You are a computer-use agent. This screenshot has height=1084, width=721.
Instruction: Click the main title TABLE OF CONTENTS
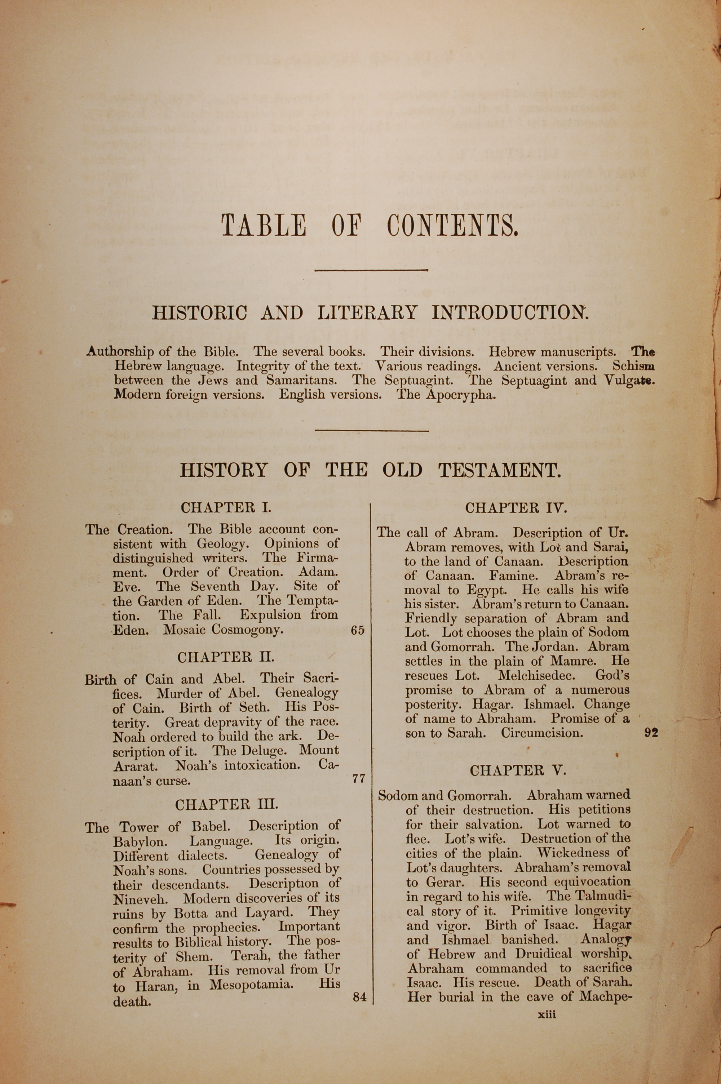[370, 226]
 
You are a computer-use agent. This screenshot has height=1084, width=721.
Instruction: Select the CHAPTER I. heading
[226, 508]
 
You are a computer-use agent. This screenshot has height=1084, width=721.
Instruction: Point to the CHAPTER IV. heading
[516, 508]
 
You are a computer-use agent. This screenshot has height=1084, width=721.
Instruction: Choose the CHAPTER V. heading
[518, 770]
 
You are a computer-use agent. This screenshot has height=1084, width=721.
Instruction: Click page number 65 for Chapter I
[357, 630]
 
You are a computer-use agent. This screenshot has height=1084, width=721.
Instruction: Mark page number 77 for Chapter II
[358, 779]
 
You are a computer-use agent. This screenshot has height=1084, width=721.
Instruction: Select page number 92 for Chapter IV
[651, 733]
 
